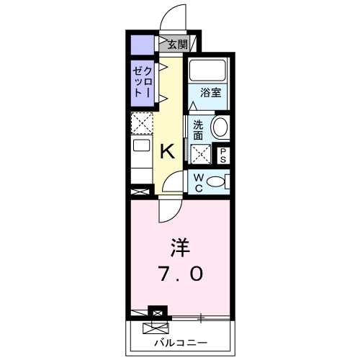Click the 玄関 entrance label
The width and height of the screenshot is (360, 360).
click(178, 45)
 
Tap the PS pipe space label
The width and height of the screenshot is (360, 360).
click(223, 154)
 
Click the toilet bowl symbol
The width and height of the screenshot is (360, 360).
click(217, 182)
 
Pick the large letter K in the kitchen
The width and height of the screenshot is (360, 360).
click(167, 151)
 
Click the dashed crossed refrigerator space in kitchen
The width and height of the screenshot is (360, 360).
click(142, 125)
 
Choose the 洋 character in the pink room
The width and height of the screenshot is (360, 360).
click(179, 248)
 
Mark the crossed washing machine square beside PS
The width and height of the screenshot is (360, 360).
click(201, 153)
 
